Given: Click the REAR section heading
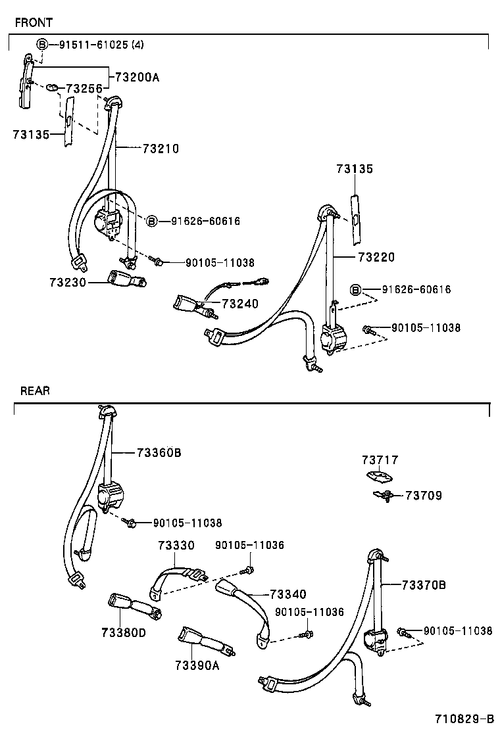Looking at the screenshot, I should tap(35, 390).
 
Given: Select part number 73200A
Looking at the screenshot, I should tap(137, 77).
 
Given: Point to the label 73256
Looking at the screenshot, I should tap(84, 88).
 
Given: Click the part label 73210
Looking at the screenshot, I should tap(160, 149).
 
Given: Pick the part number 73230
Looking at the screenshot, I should tap(67, 281).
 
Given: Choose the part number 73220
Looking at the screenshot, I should tap(376, 257).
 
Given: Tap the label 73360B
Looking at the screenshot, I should tap(159, 452).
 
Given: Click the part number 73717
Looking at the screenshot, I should tap(380, 460).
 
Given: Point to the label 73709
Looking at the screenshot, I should tap(423, 496).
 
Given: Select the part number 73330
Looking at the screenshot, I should tap(176, 545).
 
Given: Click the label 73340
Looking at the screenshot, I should tap(287, 594).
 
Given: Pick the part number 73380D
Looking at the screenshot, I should tap(123, 632).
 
